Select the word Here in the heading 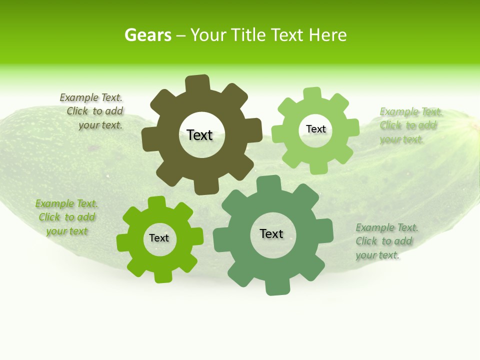pyautogui.click(x=327, y=35)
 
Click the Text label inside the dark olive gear pyautogui.click(x=199, y=135)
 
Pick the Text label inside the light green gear pyautogui.click(x=315, y=129)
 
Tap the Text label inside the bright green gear pyautogui.click(x=159, y=238)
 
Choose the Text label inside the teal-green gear pyautogui.click(x=271, y=233)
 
